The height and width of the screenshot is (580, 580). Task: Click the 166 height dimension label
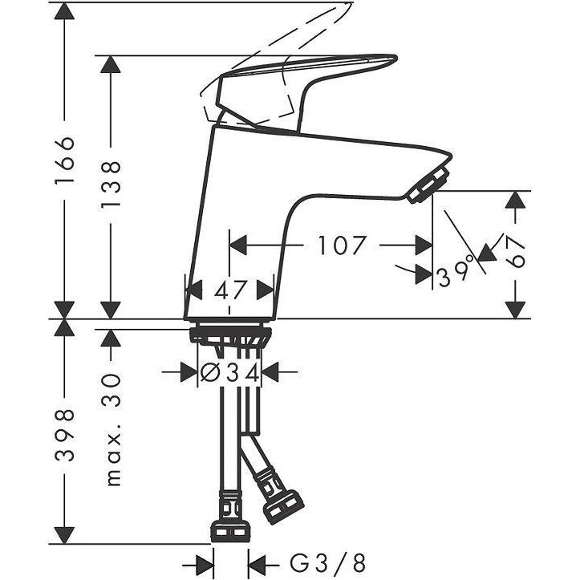point(65,160)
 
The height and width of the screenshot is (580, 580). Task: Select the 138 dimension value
point(111,185)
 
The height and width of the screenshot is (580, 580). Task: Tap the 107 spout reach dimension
point(343,245)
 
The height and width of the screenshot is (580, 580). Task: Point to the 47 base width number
point(229,290)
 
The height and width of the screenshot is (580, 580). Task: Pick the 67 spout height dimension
point(516,252)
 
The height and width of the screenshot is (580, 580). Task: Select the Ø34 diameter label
point(229,373)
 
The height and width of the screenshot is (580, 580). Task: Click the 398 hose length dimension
point(65,435)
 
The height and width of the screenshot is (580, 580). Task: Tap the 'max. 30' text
point(113,429)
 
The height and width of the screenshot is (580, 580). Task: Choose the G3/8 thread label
point(327,564)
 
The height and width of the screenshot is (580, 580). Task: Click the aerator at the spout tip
point(428,185)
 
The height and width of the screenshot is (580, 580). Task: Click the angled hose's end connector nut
point(283,506)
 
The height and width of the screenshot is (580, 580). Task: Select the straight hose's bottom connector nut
point(230,530)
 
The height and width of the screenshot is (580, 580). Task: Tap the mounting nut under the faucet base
point(230,335)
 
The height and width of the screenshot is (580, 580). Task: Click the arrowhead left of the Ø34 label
point(189,372)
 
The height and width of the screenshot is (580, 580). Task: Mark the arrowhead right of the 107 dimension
point(424,245)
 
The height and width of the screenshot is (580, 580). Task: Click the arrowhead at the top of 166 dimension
point(64,12)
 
